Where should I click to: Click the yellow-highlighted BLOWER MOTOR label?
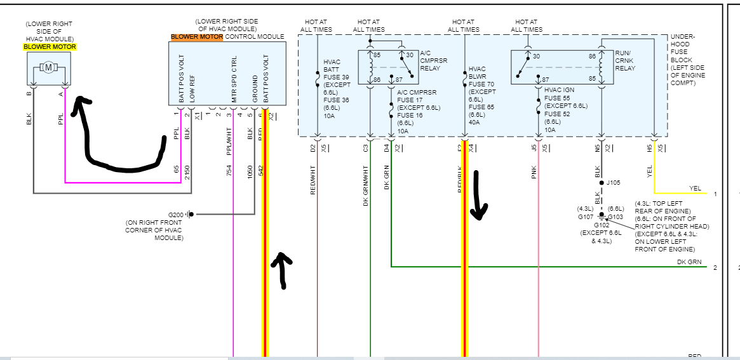[x=50, y=46]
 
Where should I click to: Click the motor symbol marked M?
[x=49, y=67]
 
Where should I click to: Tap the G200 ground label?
[x=175, y=214]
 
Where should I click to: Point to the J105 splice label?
[x=614, y=183]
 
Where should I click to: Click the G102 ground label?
[x=602, y=225]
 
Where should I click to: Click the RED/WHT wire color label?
[x=313, y=179]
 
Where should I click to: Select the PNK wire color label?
[x=534, y=172]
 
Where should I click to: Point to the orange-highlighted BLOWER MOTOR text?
[x=196, y=37]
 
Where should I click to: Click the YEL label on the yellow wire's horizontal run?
[x=696, y=189]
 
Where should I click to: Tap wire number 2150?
[x=187, y=172]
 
